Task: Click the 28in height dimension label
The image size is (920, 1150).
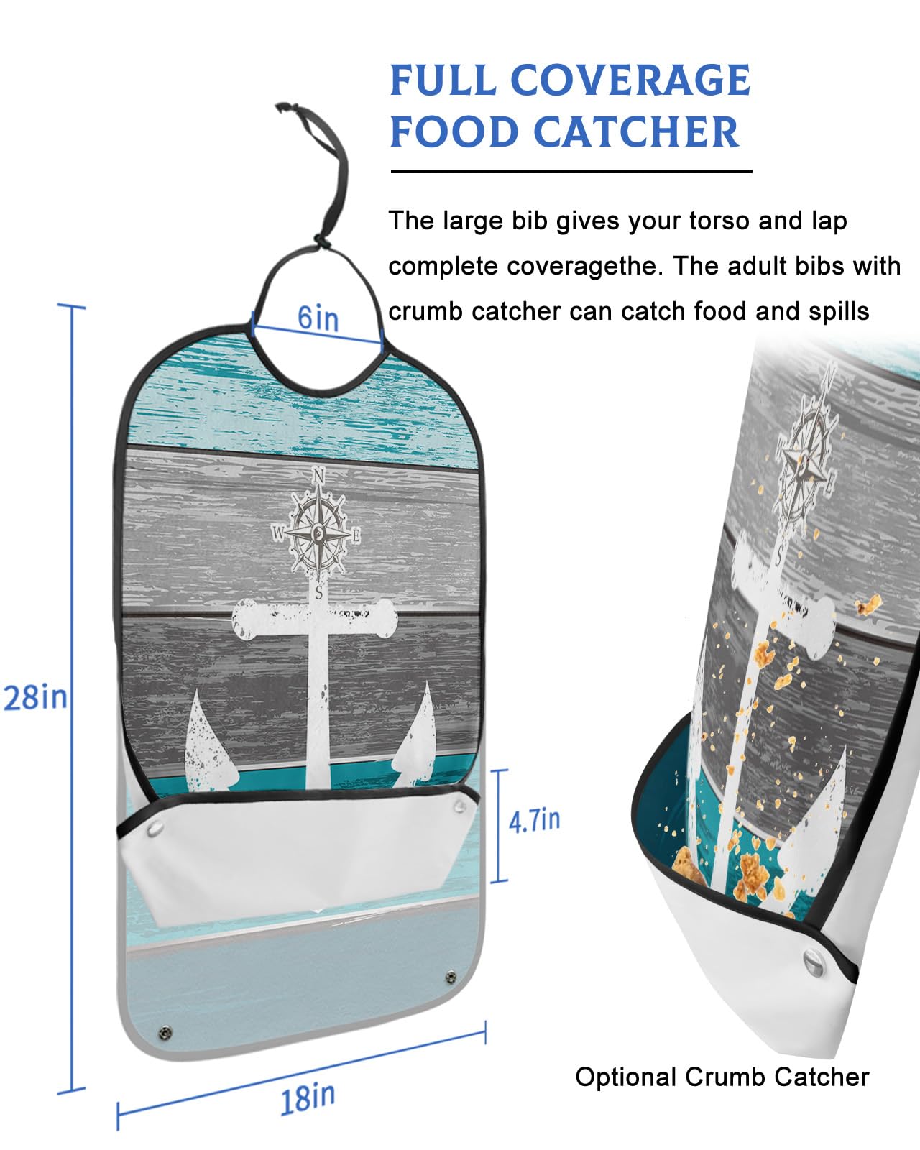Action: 34,698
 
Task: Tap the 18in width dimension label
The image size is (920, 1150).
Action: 308,1098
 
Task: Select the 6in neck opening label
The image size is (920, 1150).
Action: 318,317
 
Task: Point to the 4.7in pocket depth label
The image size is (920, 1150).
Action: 534,820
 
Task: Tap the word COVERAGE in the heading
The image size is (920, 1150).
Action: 630,80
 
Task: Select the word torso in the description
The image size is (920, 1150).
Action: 719,221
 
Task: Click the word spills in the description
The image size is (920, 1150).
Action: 834,311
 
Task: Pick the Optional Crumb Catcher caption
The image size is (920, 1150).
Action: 722,1077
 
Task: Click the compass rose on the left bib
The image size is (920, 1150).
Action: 318,533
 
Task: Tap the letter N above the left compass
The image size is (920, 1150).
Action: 319,475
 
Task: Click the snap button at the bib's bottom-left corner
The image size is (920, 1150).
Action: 165,1033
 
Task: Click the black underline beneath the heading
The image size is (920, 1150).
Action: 571,172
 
